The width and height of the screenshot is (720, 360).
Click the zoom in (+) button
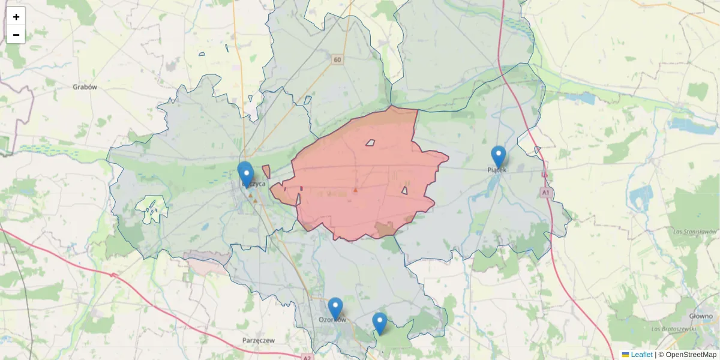pos(16,17)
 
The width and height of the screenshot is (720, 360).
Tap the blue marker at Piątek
pos(499,157)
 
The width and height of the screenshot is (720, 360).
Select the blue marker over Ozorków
pos(335,308)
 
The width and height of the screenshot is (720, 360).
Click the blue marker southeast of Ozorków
pos(379,323)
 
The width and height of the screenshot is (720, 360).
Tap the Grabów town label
pos(85,87)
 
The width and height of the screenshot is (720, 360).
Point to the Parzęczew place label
pos(259,340)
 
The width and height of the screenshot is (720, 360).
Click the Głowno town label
pos(700,316)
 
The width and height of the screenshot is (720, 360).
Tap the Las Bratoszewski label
pos(673,329)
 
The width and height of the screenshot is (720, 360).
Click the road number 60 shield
pos(337,59)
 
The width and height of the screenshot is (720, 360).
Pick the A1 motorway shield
pos(545,193)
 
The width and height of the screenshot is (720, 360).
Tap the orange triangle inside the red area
pos(355,190)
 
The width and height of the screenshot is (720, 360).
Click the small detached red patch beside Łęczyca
pos(266,172)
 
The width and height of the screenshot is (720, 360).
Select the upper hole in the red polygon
pos(370,143)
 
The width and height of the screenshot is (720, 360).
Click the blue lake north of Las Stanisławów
pos(643,196)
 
